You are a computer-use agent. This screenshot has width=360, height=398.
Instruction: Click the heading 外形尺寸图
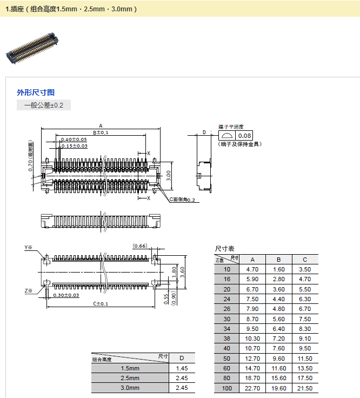pos(36,92)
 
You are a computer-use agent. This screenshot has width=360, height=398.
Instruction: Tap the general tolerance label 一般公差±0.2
pos(44,105)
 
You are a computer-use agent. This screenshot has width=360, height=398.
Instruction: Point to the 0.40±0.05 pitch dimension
pos(74,140)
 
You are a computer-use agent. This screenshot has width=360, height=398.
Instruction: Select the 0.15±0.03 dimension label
pos(74,146)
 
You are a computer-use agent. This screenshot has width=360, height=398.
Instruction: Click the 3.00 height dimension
pos(169,175)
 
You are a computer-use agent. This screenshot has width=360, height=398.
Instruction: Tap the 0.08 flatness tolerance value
pos(245,136)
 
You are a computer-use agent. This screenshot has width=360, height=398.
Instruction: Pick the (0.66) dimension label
pos(140,246)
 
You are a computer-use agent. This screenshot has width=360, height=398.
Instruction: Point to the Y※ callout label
pos(29,248)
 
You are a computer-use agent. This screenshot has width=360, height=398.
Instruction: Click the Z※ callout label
pos(29,291)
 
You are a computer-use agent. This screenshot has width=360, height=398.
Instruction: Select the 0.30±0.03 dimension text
pos(66,295)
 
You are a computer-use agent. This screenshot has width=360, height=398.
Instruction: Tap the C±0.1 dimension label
pos(101,304)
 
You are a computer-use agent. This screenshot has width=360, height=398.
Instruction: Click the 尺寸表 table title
pos(224,248)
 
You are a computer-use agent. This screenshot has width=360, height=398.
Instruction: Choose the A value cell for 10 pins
pos(253,269)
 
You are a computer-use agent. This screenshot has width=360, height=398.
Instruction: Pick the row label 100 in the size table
pos(226,388)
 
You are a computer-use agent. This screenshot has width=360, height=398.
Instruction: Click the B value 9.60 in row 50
pos(279,358)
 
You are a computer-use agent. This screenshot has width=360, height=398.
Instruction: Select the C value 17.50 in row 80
pos(305,378)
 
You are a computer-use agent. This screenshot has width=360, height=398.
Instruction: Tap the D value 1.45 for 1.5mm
pos(182,368)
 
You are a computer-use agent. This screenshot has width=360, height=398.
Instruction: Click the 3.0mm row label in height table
pos(130,388)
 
